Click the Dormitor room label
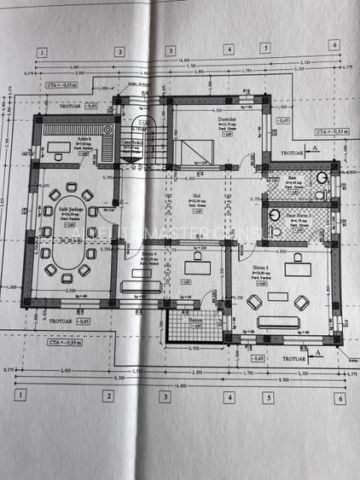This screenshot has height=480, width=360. coord(227,123)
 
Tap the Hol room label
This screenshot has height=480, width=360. coord(195,195)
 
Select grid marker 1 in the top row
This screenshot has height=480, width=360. coord(40,51)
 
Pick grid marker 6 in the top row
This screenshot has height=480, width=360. coord(335,45)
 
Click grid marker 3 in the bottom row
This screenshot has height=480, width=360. coord(165,396)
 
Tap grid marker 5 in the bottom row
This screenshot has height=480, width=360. coord(267,396)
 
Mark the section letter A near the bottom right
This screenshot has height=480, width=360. coord(316,350)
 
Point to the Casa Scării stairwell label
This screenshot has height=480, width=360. coord(131,142)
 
